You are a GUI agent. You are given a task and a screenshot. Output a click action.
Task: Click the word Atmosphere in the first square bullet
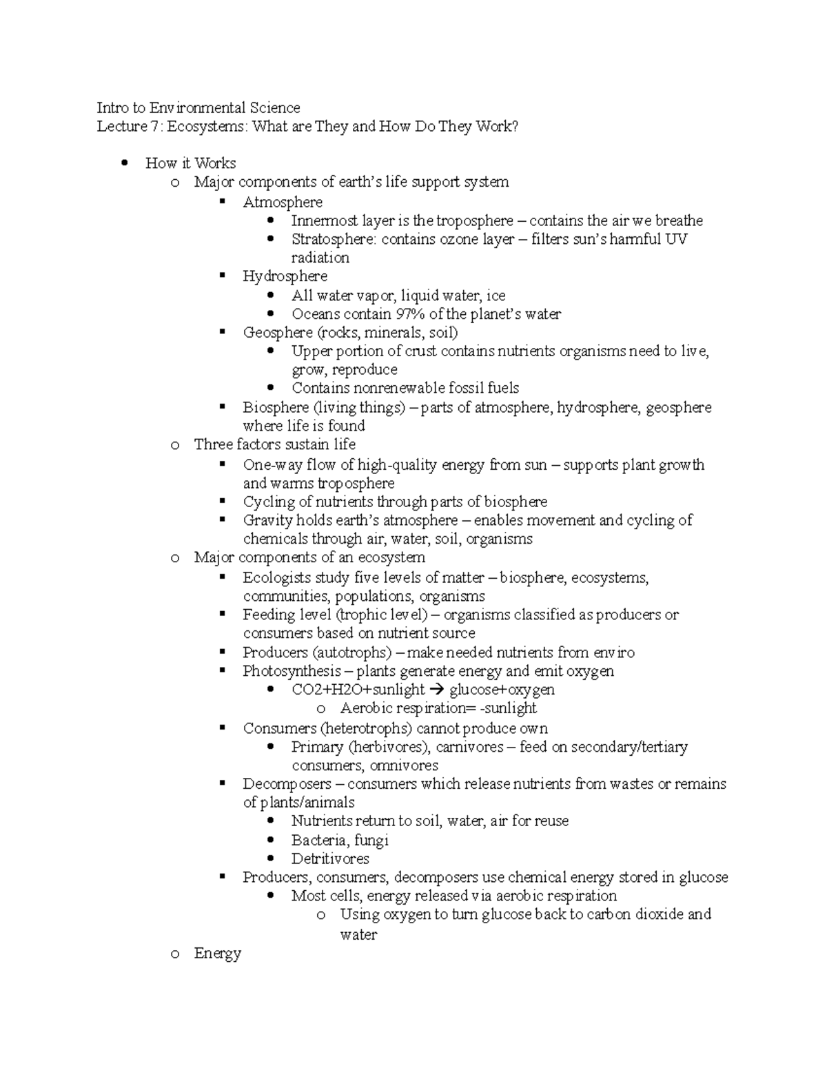pos(283,203)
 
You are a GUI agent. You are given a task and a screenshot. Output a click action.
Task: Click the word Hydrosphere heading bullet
pos(285,276)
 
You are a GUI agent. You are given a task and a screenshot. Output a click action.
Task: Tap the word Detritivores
pos(330,858)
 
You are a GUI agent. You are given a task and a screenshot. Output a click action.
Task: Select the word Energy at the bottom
pos(217,954)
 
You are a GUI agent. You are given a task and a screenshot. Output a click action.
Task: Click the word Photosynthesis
pos(292,671)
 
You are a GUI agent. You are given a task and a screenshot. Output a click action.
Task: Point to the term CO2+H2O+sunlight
pos(358,690)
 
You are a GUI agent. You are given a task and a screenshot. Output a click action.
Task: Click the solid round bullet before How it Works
pos(125,163)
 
